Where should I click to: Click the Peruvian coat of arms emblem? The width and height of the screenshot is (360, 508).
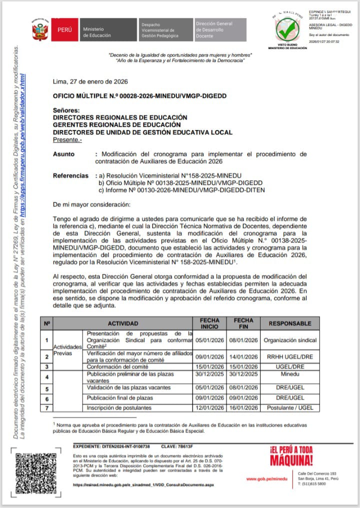40,30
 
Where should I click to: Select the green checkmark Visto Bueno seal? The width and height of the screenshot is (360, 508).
287,30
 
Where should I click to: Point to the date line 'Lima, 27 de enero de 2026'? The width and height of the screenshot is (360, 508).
90,81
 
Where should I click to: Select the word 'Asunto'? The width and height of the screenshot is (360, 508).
63,154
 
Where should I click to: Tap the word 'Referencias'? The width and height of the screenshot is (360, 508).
72,175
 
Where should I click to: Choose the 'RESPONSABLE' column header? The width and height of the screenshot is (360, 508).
290,323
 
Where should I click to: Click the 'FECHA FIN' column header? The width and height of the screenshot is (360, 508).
243,323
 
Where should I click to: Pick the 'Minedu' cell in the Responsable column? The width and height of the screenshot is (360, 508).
290,376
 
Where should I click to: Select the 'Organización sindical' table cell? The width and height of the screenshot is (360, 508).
290,340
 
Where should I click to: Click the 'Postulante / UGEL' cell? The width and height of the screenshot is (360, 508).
290,408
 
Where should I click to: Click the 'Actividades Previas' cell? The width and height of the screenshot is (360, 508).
67,348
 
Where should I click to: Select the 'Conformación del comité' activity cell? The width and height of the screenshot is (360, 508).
118,367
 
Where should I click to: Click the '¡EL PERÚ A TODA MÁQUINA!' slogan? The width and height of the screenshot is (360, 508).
291,455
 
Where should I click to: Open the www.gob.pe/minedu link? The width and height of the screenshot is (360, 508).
267,478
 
